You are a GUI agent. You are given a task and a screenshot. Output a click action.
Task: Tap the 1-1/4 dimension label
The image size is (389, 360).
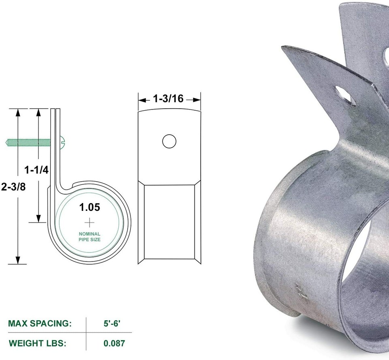pos(36,170)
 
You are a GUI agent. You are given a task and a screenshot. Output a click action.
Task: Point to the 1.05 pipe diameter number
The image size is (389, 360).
pos(89,208)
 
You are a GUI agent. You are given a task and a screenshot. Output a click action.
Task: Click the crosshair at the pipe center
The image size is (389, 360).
pos(89,222)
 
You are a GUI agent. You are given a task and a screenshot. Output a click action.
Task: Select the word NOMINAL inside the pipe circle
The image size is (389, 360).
pos(90,234)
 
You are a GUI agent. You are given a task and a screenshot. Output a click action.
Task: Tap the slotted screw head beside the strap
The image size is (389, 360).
pos(64,142)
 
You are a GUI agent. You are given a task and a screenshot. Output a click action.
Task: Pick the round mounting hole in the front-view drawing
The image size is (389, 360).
pos(169,141)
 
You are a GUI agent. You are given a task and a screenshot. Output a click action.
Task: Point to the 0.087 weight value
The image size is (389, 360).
pos(114,343)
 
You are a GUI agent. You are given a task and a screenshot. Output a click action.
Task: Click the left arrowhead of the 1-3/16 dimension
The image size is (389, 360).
pos(141,99)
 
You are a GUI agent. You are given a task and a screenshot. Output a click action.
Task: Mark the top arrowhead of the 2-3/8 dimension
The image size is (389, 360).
pos(17,111)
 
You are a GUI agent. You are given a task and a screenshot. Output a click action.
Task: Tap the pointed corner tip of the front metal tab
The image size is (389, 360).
pos(282,48)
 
